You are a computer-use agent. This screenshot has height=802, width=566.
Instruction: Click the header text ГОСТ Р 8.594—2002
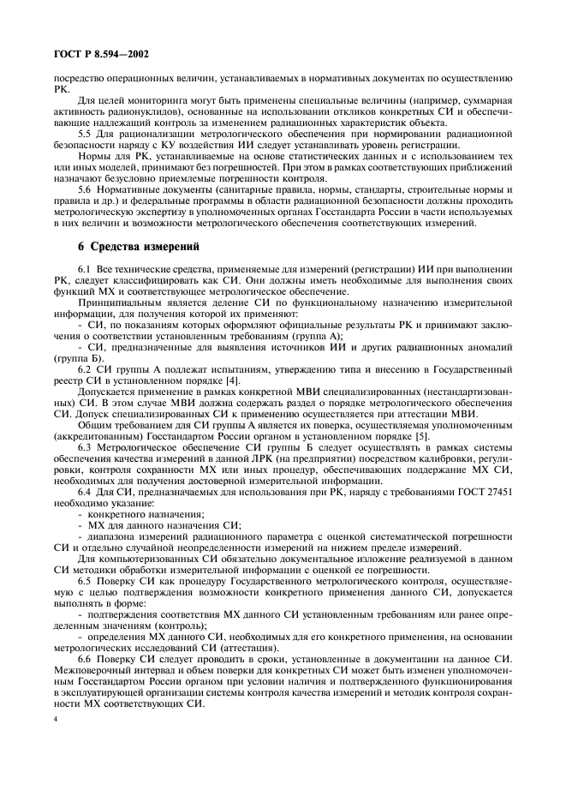100,56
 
